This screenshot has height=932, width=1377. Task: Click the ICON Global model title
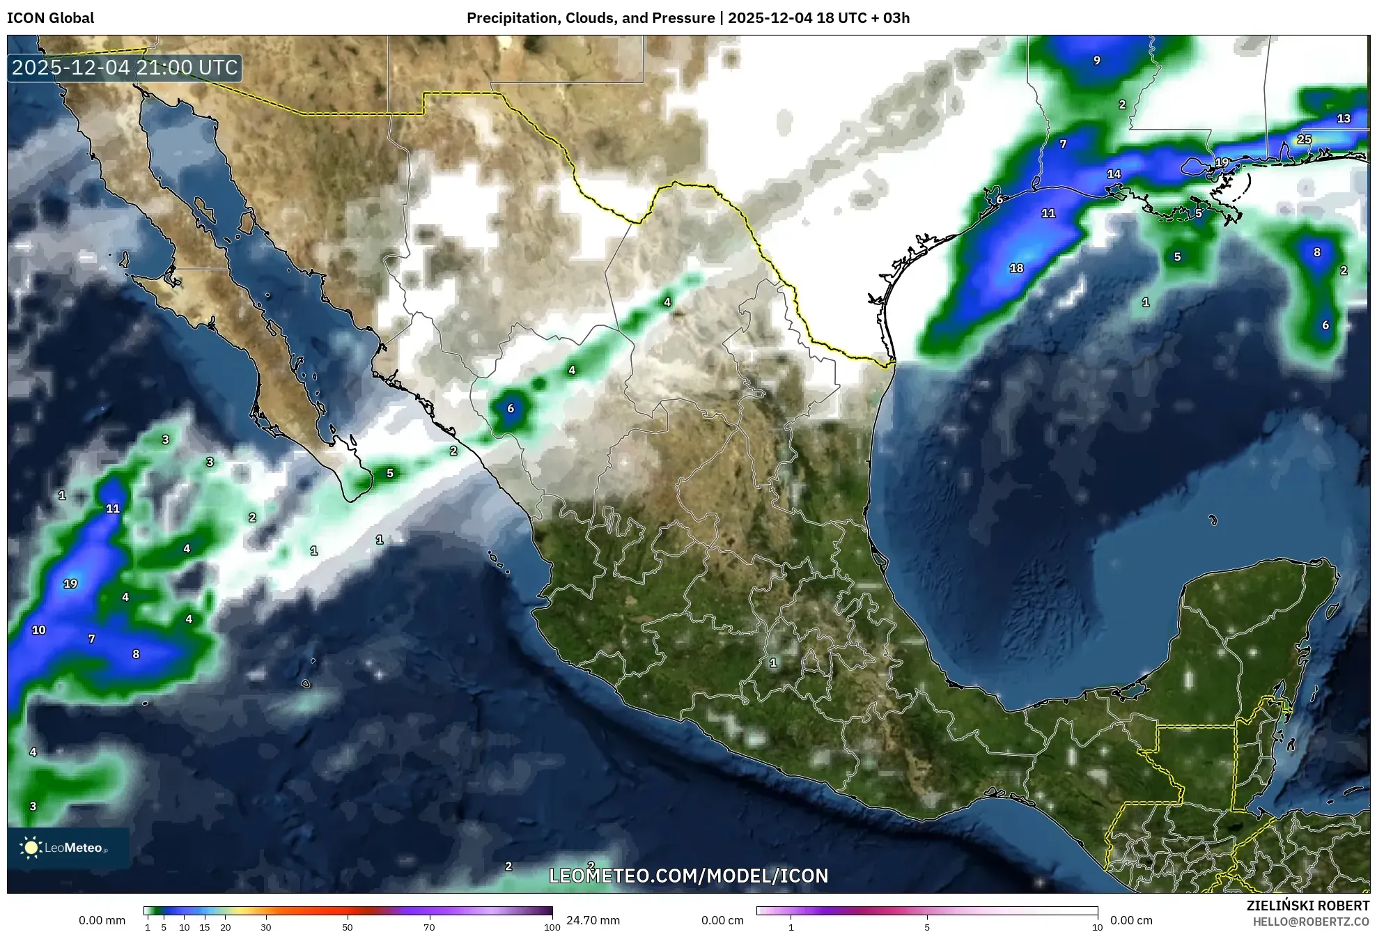point(50,18)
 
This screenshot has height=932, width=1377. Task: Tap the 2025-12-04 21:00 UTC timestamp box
point(125,68)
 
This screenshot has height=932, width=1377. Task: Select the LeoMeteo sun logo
point(31,847)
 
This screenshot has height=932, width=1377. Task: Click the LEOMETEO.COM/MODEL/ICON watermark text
point(688,876)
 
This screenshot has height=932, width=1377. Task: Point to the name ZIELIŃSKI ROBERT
point(1307,906)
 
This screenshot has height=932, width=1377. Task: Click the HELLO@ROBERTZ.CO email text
point(1311,921)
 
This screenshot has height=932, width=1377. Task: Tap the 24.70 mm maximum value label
point(593,920)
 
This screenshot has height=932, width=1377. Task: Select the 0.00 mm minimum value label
point(102,920)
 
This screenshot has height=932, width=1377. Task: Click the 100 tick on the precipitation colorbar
point(552,927)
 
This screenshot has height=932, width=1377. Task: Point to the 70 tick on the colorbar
point(429,927)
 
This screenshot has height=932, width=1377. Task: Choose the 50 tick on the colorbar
point(348,927)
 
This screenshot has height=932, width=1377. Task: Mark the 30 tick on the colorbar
point(266,927)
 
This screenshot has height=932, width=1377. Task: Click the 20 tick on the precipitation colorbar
point(225,927)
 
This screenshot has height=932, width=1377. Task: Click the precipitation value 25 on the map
point(1304,139)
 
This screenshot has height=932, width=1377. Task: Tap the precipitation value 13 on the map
point(1344,118)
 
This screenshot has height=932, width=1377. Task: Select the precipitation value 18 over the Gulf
point(1016,268)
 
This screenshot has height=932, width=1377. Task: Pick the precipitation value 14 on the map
point(1114,174)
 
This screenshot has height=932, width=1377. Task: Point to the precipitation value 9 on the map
point(1096,61)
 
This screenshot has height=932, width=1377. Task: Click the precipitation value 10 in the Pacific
point(38,630)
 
